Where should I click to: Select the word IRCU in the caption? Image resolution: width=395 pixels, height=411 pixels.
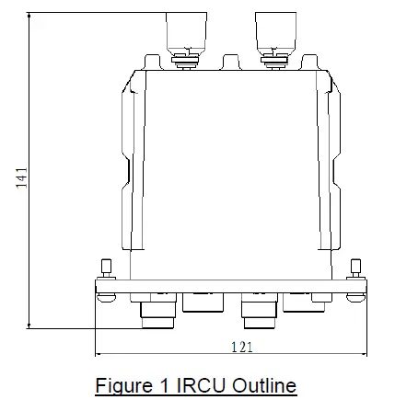[194, 384]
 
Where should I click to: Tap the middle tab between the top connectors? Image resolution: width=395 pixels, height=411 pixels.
[230, 61]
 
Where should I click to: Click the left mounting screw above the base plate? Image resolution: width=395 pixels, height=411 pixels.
[106, 269]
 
